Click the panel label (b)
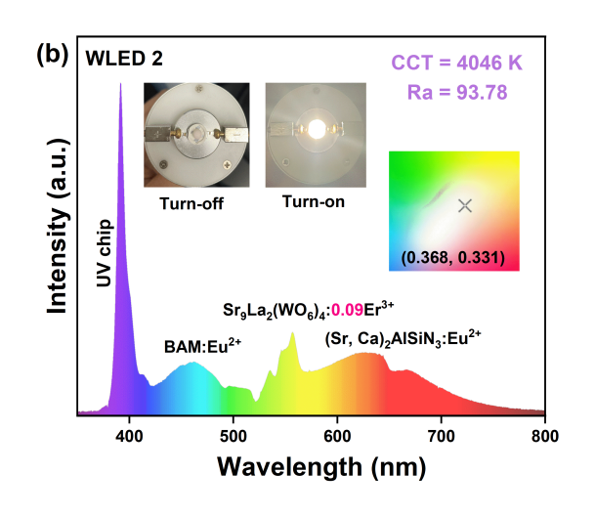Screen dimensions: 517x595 coord(51,55)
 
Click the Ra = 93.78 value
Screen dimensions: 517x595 coord(457,93)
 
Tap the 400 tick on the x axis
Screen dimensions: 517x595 coord(129,435)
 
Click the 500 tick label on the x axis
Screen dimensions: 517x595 coord(233,435)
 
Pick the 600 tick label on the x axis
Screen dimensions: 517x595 coord(337,435)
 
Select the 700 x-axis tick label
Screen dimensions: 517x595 coord(442,435)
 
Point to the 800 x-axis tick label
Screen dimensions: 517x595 coord(544,435)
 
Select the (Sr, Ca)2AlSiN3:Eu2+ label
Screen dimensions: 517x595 coord(404,338)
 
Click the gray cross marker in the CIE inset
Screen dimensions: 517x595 coord(465,205)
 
